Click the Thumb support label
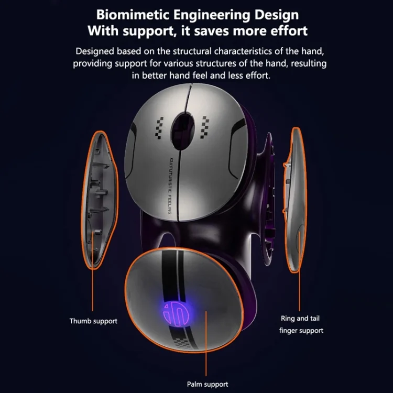click(93, 321)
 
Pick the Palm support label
click(208, 384)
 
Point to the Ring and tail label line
click(301, 318)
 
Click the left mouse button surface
click(152, 157)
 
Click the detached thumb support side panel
click(101, 199)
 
